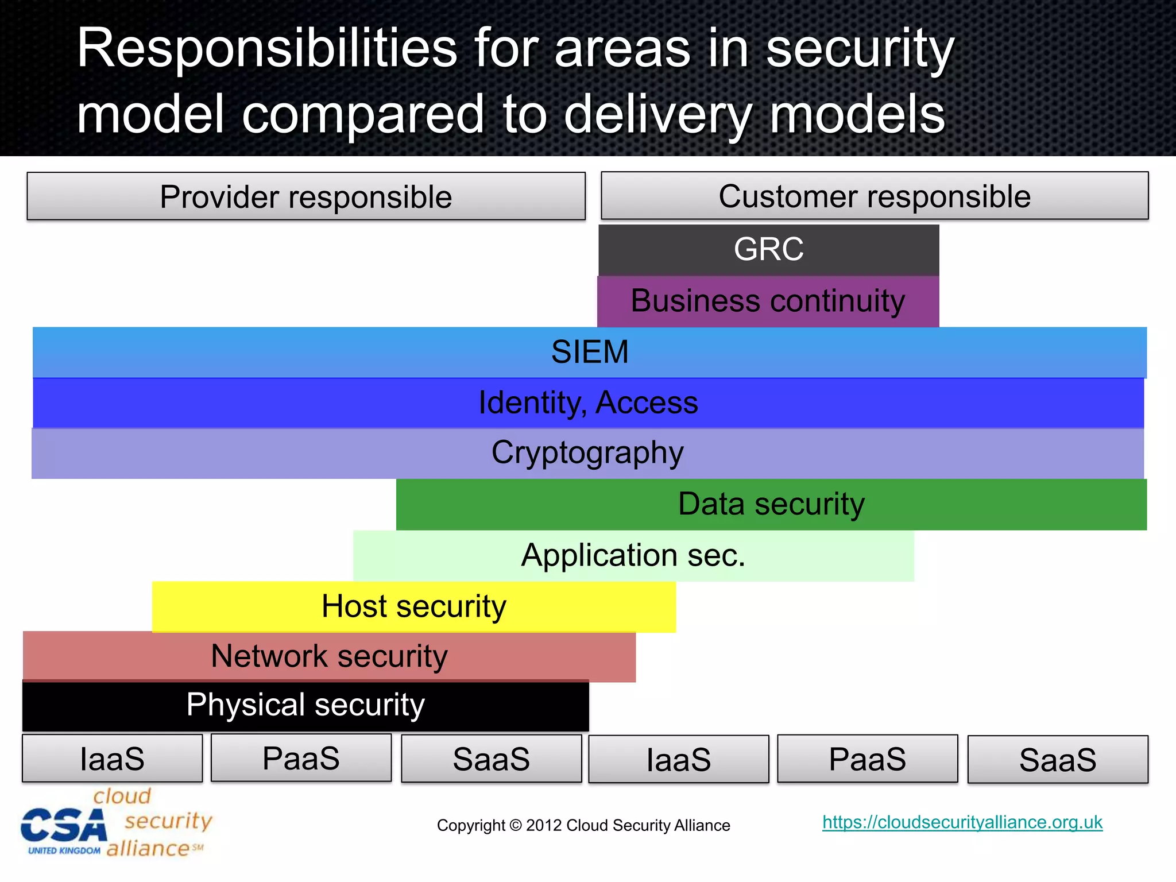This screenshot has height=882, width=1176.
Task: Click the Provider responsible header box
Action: coord(306,196)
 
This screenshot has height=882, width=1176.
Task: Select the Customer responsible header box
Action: coord(874,196)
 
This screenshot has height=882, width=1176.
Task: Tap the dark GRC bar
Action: coord(768,250)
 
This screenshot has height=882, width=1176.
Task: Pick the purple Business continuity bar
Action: coord(768,301)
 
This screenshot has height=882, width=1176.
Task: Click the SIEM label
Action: coord(590,352)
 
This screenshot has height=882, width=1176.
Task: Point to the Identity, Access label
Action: coord(588,403)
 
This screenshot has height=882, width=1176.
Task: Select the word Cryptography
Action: coord(587,453)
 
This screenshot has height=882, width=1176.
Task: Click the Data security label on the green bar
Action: coord(771,504)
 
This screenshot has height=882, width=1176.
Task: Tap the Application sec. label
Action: coord(633,555)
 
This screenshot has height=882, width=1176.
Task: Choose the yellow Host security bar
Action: coord(413,606)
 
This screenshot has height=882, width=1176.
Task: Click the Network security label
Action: coord(329,656)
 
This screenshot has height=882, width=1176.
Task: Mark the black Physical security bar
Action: coord(305,705)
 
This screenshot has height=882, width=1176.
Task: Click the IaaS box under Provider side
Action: coord(113,759)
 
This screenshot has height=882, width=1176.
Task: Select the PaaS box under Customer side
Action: coord(867,759)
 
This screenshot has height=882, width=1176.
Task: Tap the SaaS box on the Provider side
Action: coord(491,759)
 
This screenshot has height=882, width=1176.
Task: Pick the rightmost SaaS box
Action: coord(1058,760)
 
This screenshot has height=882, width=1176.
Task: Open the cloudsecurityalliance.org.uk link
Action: coord(962,822)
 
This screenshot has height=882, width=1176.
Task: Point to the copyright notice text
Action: coord(583,826)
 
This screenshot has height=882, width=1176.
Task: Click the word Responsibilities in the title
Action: coord(267,49)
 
